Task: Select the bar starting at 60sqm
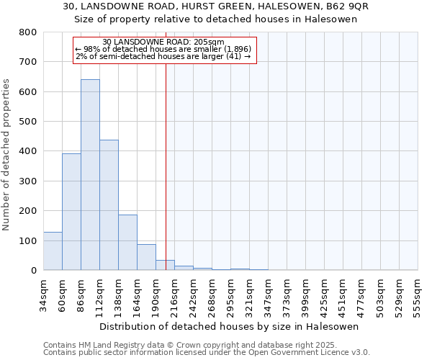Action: pos(71,212)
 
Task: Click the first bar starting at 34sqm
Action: pos(53,251)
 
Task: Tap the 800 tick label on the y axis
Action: pos(28,32)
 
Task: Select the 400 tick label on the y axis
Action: pos(28,151)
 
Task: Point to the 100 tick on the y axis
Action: pos(28,240)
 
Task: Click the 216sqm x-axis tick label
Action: pos(174,294)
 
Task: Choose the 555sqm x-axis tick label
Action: pos(418,294)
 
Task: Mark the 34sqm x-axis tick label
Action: pos(43,294)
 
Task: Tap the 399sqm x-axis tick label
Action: pos(305,294)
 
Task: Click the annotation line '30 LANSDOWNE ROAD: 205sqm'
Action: pos(163,42)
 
